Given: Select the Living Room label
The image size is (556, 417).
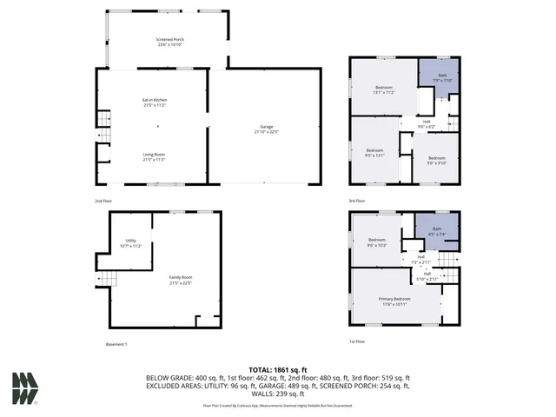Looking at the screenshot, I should click(155, 157).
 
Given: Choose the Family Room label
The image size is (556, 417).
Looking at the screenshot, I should click(180, 279).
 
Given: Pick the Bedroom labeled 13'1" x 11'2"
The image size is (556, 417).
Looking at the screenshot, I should click(385, 89).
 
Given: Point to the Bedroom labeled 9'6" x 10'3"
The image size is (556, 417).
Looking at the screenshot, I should click(377, 242).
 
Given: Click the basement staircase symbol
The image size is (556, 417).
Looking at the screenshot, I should click(106, 278).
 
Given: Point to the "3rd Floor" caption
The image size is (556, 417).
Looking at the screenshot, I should click(357, 201).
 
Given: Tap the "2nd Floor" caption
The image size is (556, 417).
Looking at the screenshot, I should click(103, 201).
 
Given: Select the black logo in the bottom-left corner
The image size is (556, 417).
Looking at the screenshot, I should click(25, 388).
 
